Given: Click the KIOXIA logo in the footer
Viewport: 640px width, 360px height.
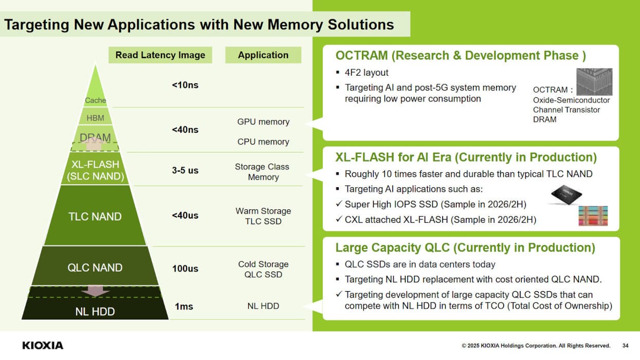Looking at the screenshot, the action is [43, 346].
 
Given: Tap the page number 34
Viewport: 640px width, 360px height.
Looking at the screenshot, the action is [626, 346].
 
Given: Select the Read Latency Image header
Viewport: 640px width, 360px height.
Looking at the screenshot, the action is [160, 55].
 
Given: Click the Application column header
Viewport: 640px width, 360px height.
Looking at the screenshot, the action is [263, 55].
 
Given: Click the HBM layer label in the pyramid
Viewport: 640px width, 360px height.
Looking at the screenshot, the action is [96, 118].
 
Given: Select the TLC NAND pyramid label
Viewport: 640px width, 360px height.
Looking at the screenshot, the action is [95, 217].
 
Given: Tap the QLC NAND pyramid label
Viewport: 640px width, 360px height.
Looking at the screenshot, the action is [95, 267].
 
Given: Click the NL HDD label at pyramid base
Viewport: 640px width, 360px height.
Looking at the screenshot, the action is [95, 311].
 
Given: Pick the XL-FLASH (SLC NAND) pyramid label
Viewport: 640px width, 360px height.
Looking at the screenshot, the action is [96, 170].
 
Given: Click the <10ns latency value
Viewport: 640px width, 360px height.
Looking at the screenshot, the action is [185, 85].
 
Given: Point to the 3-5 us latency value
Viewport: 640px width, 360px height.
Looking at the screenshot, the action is [185, 170].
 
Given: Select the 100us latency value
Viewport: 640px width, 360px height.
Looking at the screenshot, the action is [185, 268].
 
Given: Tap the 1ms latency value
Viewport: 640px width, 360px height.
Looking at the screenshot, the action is [184, 306].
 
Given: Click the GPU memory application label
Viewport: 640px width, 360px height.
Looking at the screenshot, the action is [263, 121].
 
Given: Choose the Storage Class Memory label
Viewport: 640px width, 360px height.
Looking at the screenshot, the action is [262, 172].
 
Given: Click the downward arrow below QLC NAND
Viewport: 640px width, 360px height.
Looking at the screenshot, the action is [95, 291].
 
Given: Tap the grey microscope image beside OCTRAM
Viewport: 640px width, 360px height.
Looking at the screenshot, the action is [594, 82].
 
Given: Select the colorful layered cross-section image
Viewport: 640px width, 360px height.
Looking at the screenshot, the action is [593, 216].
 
